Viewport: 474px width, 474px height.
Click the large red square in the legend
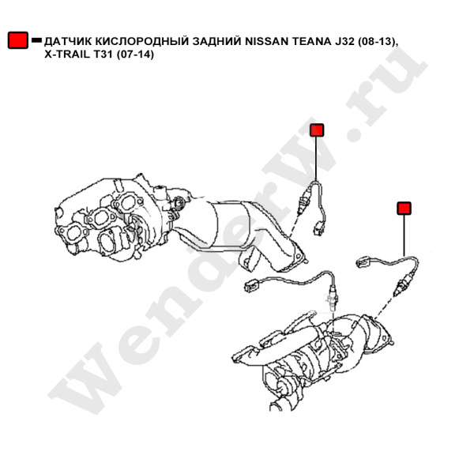pyautogui.click(x=18, y=40)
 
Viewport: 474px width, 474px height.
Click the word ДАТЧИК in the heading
pyautogui.click(x=67, y=41)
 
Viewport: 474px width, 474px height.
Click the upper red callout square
pyautogui.click(x=317, y=130)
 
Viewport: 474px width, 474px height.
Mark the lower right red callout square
pyautogui.click(x=404, y=209)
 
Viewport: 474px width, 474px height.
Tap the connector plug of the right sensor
pyautogui.click(x=363, y=261)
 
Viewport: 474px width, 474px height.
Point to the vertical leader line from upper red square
pyautogui.click(x=317, y=159)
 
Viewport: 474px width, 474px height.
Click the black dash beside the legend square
pyautogui.click(x=36, y=40)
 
